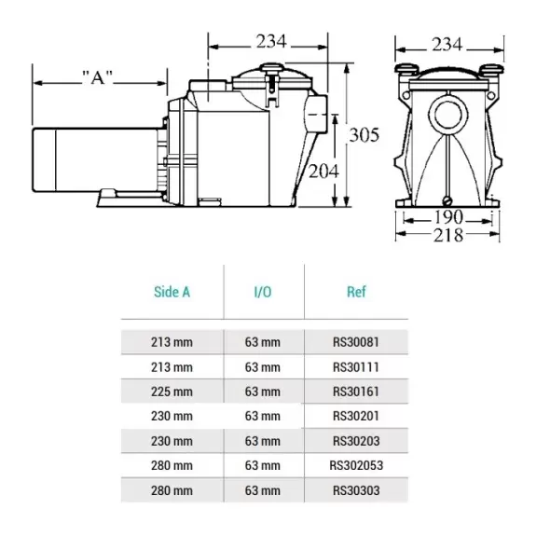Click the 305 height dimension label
[x=364, y=135]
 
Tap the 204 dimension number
[x=323, y=172]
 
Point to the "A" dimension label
[x=97, y=77]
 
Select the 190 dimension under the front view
[x=448, y=217]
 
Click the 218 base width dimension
[x=448, y=235]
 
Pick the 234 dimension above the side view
[x=271, y=41]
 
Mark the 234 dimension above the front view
[x=447, y=45]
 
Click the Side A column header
[x=172, y=292]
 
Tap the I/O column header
[x=263, y=292]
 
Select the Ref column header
[x=356, y=292]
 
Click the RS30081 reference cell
[x=356, y=342]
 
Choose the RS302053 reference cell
[x=356, y=465]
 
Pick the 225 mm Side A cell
[x=172, y=392]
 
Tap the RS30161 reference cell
[x=356, y=392]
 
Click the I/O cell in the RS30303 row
[x=263, y=490]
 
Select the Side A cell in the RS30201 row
[x=172, y=416]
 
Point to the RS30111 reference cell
[x=356, y=367]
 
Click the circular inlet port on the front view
[x=448, y=115]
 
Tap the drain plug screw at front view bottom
[x=447, y=201]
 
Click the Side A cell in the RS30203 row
[x=172, y=441]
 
